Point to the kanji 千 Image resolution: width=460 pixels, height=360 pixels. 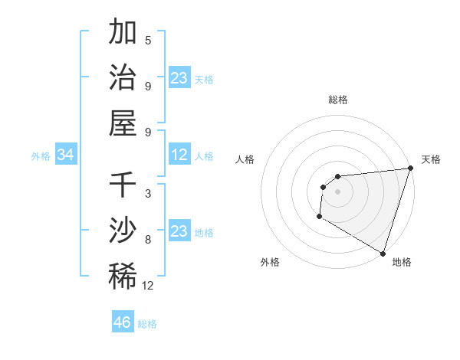pyautogui.click(x=123, y=185)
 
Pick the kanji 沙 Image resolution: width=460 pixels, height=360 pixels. pyautogui.click(x=123, y=231)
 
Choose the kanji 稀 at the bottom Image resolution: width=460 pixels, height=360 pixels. pyautogui.click(x=123, y=276)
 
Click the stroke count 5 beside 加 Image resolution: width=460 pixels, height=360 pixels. pyautogui.click(x=148, y=40)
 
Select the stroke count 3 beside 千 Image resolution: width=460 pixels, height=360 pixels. pyautogui.click(x=148, y=193)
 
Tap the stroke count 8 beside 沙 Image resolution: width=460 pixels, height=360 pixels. pyautogui.click(x=148, y=239)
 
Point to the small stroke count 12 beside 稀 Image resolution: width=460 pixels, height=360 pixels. pyautogui.click(x=148, y=285)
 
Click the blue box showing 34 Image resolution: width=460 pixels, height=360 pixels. pyautogui.click(x=66, y=155)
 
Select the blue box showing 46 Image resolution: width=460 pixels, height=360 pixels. pyautogui.click(x=123, y=322)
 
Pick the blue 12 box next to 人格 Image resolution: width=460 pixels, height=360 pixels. pyautogui.click(x=179, y=155)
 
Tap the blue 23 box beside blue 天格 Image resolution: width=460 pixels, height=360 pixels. pyautogui.click(x=179, y=78)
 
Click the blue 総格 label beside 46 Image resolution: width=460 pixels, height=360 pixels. pyautogui.click(x=147, y=324)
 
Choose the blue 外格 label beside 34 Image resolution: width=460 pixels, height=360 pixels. pyautogui.click(x=41, y=156)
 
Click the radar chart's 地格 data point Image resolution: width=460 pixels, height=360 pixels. pyautogui.click(x=383, y=253)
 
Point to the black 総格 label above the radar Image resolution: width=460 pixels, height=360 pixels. pyautogui.click(x=337, y=100)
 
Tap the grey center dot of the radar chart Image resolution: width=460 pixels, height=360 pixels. pyautogui.click(x=337, y=191)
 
